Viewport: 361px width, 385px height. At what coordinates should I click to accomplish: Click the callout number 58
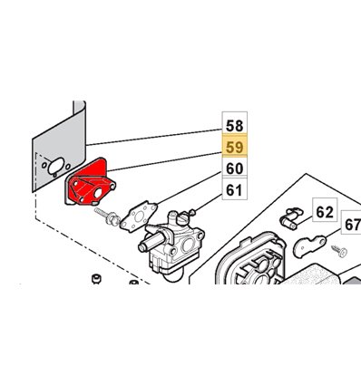coord(235,126)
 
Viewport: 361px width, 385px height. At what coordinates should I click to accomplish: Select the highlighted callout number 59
coord(235,148)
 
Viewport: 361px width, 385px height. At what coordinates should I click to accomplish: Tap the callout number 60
coord(235,168)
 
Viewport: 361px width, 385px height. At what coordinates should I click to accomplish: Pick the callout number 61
coord(235,190)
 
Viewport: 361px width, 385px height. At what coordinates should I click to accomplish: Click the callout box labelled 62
coord(325,212)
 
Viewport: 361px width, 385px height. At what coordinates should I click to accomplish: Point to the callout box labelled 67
coord(352,225)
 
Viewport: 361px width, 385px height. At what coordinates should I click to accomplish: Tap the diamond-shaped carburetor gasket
coord(139,217)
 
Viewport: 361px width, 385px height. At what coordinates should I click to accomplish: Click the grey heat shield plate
coord(59,147)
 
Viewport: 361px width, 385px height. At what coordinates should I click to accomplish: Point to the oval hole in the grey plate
coord(56,165)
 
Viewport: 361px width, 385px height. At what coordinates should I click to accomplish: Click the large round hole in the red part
coord(98,194)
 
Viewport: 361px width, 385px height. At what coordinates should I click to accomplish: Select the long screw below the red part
coord(107,217)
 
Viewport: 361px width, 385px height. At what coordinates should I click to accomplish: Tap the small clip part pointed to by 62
coord(289,218)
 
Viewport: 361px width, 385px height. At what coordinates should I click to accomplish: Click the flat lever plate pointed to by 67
coord(309,245)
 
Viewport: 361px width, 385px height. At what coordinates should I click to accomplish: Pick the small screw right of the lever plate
coord(339,251)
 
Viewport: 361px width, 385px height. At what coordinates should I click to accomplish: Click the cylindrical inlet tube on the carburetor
coord(151,242)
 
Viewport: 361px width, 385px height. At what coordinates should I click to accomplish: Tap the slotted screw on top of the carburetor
coord(182,218)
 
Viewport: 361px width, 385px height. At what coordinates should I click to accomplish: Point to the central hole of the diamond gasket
coord(139,217)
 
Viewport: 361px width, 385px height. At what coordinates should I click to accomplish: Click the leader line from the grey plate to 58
coord(154,138)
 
